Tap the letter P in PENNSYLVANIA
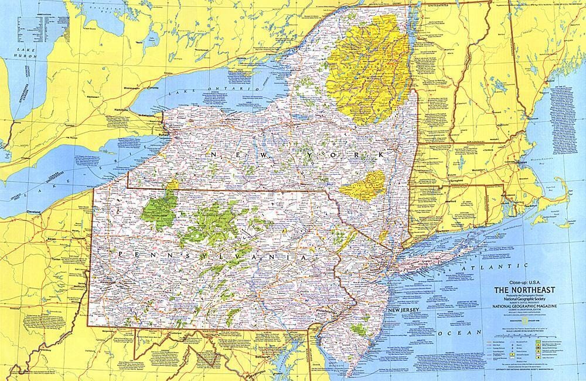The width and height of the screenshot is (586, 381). tap(120, 254)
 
